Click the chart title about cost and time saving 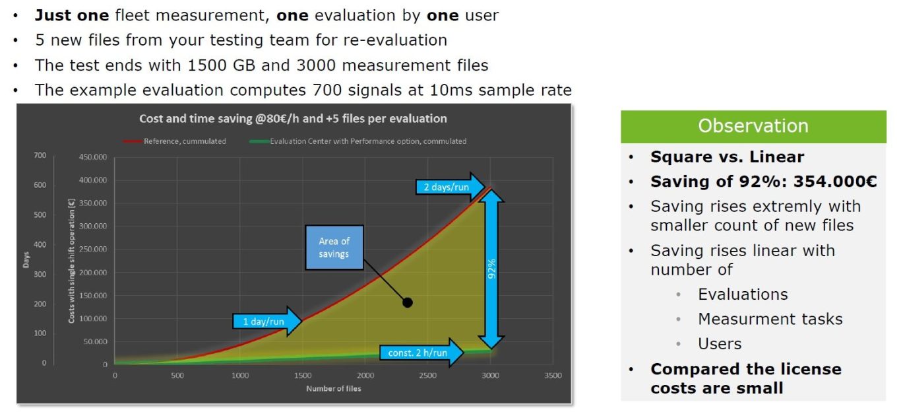pyautogui.click(x=293, y=118)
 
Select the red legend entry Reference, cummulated pyautogui.click(x=175, y=141)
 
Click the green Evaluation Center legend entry pyautogui.click(x=357, y=141)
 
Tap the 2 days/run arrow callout pyautogui.click(x=450, y=187)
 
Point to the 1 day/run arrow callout pyautogui.click(x=267, y=322)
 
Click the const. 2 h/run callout pyautogui.click(x=421, y=353)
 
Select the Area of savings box pyautogui.click(x=334, y=248)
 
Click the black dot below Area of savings pyautogui.click(x=408, y=302)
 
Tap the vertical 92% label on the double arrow pyautogui.click(x=491, y=269)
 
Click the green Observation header pyautogui.click(x=753, y=127)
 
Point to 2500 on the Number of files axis pyautogui.click(x=427, y=375)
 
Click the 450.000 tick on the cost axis pyautogui.click(x=93, y=156)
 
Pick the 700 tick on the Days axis pyautogui.click(x=40, y=155)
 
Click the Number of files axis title pyautogui.click(x=334, y=388)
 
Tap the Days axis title pyautogui.click(x=26, y=259)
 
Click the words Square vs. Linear pyautogui.click(x=728, y=156)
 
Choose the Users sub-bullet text pyautogui.click(x=720, y=343)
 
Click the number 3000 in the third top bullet pyautogui.click(x=316, y=65)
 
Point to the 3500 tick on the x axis pyautogui.click(x=553, y=375)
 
